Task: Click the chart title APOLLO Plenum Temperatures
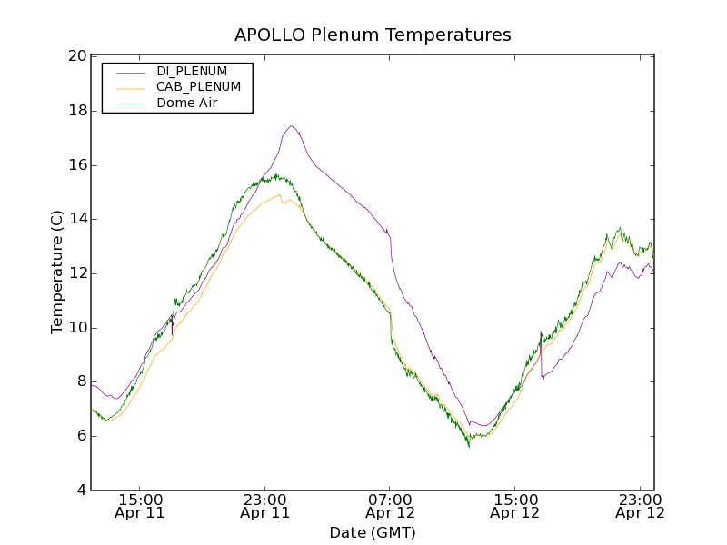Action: pyautogui.click(x=373, y=35)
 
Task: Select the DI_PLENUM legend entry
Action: pyautogui.click(x=191, y=71)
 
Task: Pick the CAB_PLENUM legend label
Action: pyautogui.click(x=198, y=87)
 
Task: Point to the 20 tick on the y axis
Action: pyautogui.click(x=77, y=56)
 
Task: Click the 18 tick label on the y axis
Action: pyautogui.click(x=77, y=111)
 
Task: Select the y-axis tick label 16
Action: pyautogui.click(x=77, y=165)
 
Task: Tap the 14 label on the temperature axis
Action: pyautogui.click(x=77, y=219)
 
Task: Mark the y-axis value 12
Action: pyautogui.click(x=77, y=273)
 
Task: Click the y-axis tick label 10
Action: pyautogui.click(x=77, y=328)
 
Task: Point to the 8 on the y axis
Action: pyautogui.click(x=81, y=382)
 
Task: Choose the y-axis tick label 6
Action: pyautogui.click(x=81, y=436)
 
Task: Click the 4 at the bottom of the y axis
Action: pyautogui.click(x=81, y=490)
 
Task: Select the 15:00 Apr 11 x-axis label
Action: pyautogui.click(x=140, y=506)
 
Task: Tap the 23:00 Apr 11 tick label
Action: pyautogui.click(x=265, y=506)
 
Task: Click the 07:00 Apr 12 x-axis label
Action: pyautogui.click(x=390, y=506)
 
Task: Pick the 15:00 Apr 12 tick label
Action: pyautogui.click(x=515, y=506)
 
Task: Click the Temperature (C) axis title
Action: pyautogui.click(x=57, y=272)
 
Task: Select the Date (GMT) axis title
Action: pyautogui.click(x=373, y=532)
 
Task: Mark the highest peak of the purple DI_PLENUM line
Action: pyautogui.click(x=291, y=126)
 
